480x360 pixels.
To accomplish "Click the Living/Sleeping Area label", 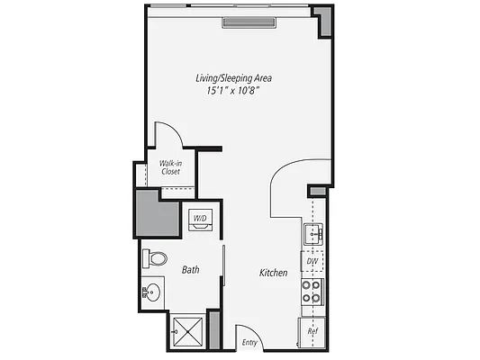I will click(234, 78).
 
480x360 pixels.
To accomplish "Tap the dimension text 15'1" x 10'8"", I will click(234, 90).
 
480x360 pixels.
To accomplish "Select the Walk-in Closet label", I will click(170, 166).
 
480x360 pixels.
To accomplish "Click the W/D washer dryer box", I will click(199, 218).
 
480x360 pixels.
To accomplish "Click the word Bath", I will click(191, 269).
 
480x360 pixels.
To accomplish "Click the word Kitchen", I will click(273, 272).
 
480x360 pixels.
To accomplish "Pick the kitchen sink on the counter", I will click(312, 236).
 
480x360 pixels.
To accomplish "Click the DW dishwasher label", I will click(312, 262).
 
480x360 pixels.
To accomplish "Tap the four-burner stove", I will click(312, 291).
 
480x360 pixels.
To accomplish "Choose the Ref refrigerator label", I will click(312, 330).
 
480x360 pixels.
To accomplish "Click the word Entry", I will click(250, 342).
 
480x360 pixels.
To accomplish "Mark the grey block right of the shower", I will click(214, 329).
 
